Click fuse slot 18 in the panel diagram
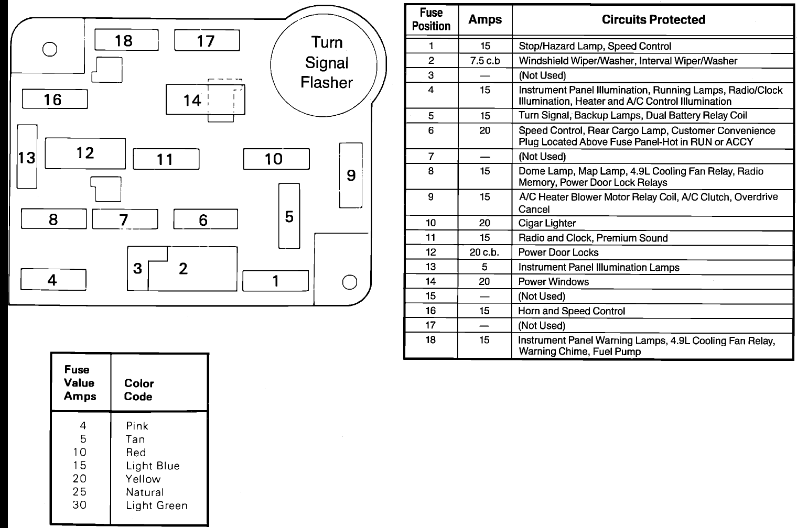[x=126, y=40]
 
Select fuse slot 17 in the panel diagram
[x=207, y=40]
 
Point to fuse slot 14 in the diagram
[x=192, y=100]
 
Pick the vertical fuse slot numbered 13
[x=27, y=157]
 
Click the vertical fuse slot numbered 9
[x=351, y=175]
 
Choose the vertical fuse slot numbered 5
[x=289, y=216]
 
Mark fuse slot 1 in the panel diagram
[x=275, y=281]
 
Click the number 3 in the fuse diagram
[x=137, y=269]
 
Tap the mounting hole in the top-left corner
[x=49, y=49]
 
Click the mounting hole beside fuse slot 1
[x=349, y=282]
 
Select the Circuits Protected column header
[x=653, y=20]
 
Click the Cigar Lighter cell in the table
[x=547, y=223]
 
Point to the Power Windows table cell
[x=553, y=282]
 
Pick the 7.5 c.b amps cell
[x=484, y=61]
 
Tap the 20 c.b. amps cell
[x=484, y=252]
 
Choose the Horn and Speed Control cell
[x=571, y=311]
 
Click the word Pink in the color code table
[x=137, y=426]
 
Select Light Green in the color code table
[x=156, y=505]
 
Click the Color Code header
[x=138, y=390]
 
